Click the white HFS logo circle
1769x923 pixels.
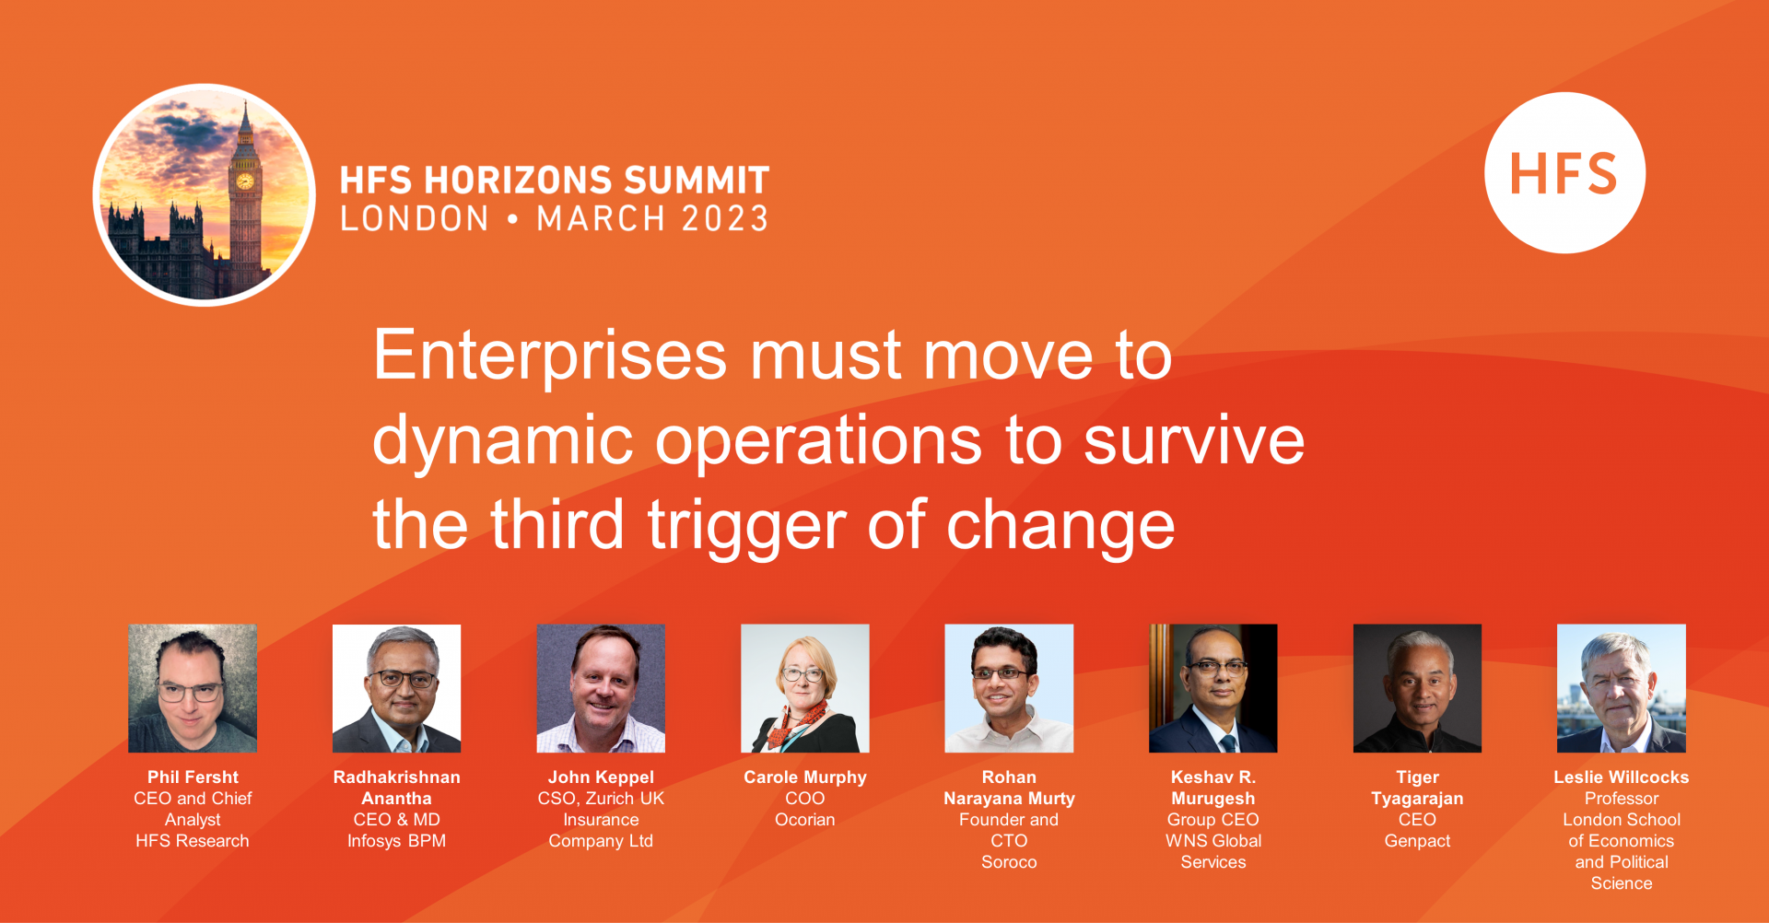point(1564,172)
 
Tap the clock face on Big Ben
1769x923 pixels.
point(245,181)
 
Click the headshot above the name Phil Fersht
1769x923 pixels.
point(193,688)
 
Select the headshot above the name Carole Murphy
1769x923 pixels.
point(805,688)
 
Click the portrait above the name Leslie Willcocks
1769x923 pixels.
point(1622,688)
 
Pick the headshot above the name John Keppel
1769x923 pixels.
point(601,688)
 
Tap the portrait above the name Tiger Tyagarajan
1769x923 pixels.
point(1417,688)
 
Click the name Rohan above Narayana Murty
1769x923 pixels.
point(1009,777)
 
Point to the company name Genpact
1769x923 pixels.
point(1417,841)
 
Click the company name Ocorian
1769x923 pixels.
point(805,820)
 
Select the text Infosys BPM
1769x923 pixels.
point(396,841)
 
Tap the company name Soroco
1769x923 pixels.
point(1009,862)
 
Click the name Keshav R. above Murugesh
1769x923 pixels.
point(1213,777)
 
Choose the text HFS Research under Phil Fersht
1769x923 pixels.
point(193,841)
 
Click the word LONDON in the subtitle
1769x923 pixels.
point(415,219)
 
